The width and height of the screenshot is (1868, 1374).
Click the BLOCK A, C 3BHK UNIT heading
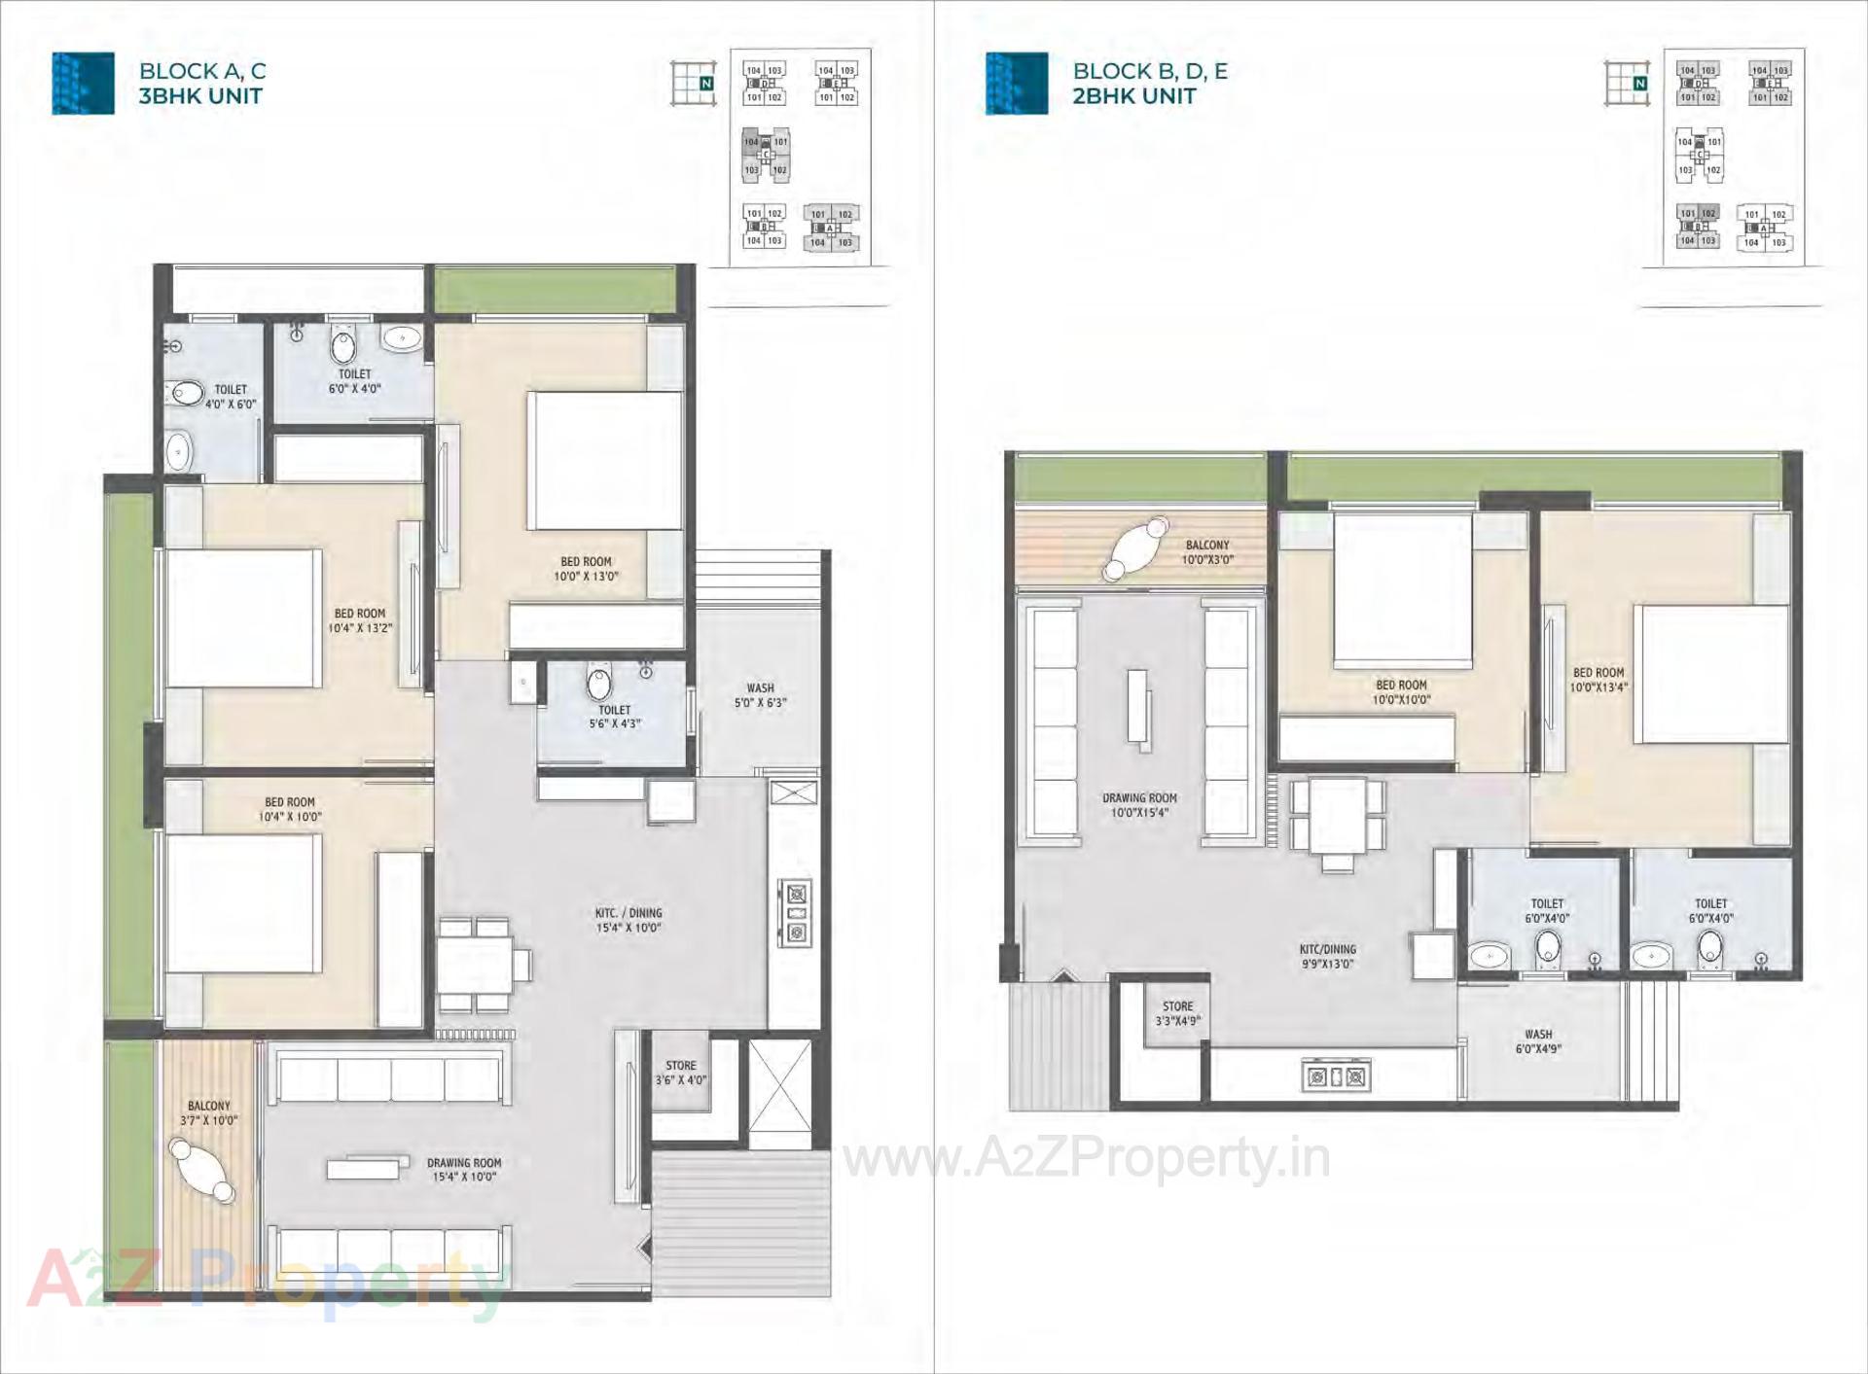coord(201,84)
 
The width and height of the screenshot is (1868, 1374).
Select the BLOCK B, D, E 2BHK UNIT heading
coord(1149,84)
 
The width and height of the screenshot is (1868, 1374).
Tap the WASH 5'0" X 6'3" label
coord(760,695)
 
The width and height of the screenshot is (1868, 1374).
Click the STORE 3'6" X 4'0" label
coord(680,1073)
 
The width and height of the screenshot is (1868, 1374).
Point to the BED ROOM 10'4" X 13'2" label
coord(359,620)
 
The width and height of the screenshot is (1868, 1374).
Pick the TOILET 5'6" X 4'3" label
coord(614,717)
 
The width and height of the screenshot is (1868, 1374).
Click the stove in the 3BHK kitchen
coord(797,913)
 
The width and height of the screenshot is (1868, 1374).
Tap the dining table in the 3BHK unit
coord(476,965)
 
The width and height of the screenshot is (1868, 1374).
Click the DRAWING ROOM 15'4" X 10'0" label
coord(463,1169)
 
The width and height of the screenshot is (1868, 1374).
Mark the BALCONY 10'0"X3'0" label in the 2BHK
coord(1206,552)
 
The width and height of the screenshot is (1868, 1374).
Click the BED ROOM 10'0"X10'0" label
coord(1401,691)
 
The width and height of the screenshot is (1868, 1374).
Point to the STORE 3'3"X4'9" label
coord(1177,1013)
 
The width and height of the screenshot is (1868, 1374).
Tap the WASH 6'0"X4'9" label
coord(1538,1041)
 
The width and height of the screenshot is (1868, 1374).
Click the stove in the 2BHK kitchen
coord(1336,1076)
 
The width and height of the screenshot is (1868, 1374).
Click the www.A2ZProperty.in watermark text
coord(1086,1158)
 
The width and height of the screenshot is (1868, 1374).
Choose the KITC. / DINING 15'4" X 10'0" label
coord(629,920)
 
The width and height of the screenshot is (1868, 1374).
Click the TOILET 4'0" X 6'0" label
coord(231,396)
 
